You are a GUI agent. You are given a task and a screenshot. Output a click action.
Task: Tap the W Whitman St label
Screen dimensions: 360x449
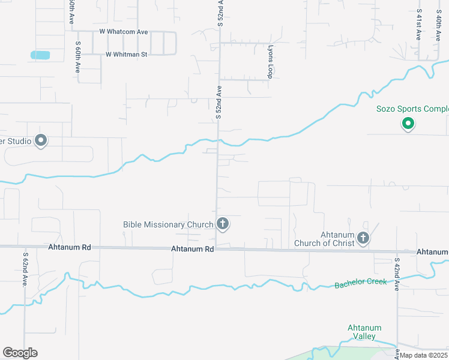coord(126,54)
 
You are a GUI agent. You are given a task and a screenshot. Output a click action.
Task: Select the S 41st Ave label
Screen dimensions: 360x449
coord(418,24)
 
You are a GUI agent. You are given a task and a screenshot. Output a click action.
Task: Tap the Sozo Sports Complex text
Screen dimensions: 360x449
coord(412,109)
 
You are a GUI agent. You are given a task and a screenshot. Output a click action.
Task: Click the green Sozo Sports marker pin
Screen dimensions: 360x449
coord(408,124)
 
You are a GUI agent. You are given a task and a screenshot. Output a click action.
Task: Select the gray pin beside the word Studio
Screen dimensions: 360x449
coord(41,141)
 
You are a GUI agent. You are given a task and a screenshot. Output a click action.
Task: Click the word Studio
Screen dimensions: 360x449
coord(17,141)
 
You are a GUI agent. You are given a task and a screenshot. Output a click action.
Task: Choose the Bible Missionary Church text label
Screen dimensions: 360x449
coord(168,224)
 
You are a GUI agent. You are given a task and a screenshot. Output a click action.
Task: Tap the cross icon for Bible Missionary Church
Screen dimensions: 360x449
coord(223,224)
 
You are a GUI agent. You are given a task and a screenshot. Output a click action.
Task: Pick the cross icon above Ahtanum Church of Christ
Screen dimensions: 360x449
coord(363,238)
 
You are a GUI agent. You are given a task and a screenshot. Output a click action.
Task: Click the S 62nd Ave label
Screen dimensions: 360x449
coord(26,269)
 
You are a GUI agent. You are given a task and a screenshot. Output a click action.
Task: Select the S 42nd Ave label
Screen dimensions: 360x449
coord(397,274)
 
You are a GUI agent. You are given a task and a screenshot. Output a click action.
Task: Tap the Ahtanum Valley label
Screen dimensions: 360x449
coord(365,332)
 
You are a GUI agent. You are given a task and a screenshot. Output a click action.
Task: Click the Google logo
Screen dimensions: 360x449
coord(20,353)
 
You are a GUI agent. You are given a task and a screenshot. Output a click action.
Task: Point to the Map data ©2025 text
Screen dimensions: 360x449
coord(423,355)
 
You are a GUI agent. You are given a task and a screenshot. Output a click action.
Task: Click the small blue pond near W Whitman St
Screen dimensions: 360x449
coord(40,55)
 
